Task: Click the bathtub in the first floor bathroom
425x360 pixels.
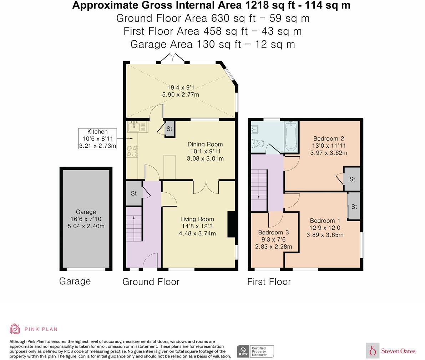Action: coord(291,137)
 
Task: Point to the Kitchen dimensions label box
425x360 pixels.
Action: coord(97,139)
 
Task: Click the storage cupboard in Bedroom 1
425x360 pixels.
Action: coord(354,207)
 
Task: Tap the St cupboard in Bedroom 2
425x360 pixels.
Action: coord(352,179)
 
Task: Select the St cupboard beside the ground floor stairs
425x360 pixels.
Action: coord(134,193)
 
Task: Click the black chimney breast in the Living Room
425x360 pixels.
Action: coord(232,224)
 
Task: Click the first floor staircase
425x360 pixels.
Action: coord(259,189)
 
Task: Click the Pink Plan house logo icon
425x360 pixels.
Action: coord(15,329)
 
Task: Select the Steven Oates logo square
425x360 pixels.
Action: coord(373,350)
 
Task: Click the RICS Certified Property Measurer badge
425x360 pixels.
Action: coord(255,351)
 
